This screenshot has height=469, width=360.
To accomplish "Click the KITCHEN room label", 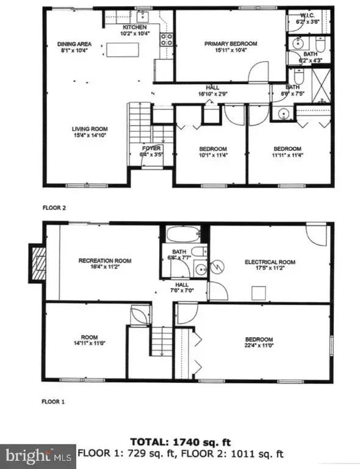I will coord(134,28).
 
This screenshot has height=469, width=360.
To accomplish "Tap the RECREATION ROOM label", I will coord(102,261).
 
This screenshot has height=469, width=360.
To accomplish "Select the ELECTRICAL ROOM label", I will coord(270,262).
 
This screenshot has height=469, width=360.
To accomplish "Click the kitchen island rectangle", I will coord(123,49).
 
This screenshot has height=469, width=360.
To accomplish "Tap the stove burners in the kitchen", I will coord(166,40).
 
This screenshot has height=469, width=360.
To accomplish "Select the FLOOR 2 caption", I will coord(54,208).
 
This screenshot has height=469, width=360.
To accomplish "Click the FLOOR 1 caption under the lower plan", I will coord(54,402).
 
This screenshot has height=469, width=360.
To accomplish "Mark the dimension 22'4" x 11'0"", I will coord(259,346).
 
